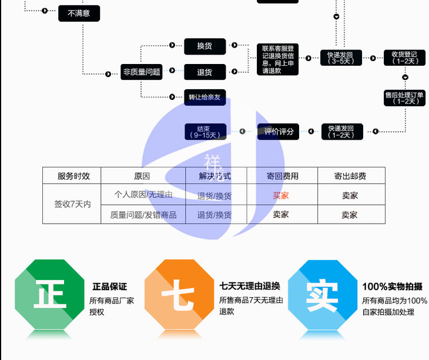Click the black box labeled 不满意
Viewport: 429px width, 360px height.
click(79, 13)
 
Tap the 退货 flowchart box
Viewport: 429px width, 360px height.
click(205, 72)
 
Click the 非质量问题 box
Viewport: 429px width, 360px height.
click(142, 72)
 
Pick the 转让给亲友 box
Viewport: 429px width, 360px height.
click(205, 97)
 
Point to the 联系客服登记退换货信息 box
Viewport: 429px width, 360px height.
click(277, 59)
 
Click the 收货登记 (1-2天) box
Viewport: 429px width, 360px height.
click(404, 57)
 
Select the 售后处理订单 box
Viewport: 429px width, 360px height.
click(404, 97)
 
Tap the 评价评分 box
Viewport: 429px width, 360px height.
click(278, 132)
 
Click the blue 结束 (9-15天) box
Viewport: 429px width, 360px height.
click(205, 132)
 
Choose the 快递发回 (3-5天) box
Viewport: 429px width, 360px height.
click(341, 57)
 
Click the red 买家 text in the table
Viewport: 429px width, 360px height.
click(281, 196)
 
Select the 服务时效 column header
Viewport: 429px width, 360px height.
click(72, 176)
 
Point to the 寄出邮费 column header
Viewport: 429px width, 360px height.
click(350, 176)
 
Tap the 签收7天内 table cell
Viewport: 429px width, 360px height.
click(72, 204)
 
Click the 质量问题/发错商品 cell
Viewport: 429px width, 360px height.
click(143, 214)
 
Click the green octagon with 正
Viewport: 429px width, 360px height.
click(49, 293)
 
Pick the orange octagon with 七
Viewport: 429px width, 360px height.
click(179, 293)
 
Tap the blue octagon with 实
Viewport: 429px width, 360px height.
click(322, 293)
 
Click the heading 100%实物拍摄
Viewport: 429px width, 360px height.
click(392, 287)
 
